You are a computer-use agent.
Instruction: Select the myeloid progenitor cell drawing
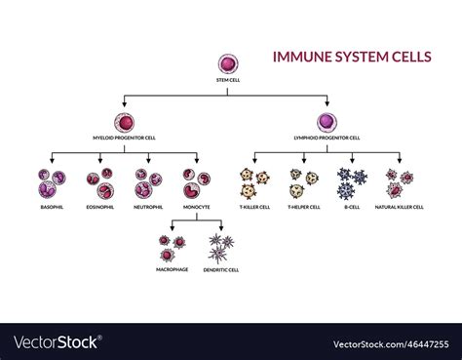point(124,124)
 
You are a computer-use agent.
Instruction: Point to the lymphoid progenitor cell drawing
point(327,124)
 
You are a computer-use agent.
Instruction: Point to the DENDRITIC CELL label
point(221,269)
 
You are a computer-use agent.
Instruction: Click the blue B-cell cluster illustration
point(351,182)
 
